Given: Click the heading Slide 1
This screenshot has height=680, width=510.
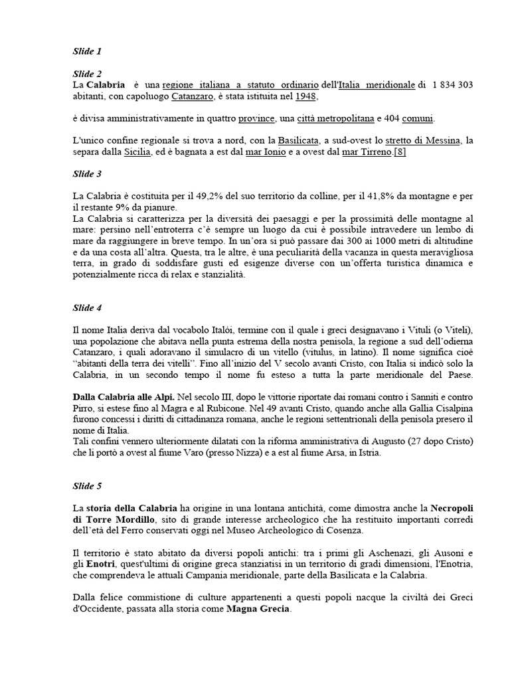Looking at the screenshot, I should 86,50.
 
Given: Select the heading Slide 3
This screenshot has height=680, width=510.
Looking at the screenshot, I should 86,174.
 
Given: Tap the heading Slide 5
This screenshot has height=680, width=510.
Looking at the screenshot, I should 86,486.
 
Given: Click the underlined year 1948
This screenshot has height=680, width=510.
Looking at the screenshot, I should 305,96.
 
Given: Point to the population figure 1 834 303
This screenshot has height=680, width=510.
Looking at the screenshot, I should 452,85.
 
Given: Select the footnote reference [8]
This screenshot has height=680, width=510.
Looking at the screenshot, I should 400,152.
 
